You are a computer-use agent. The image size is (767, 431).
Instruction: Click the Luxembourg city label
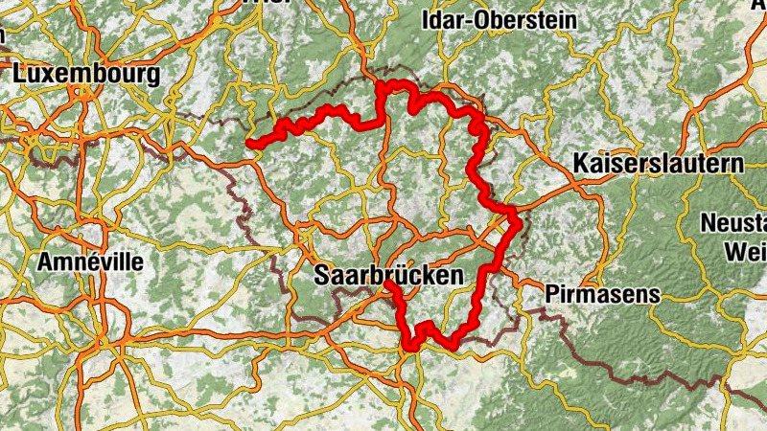pos(86,74)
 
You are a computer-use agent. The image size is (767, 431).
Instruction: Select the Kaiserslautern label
pos(659,164)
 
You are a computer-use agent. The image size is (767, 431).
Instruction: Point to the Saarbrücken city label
pos(388,276)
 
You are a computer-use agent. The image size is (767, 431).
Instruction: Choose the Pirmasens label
pos(602,294)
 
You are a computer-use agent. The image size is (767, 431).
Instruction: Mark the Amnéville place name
pos(91,261)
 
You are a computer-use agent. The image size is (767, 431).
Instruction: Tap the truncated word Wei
pos(748,251)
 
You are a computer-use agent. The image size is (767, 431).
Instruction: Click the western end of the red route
pos(248,144)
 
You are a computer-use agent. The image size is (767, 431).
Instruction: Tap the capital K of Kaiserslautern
pos(582,164)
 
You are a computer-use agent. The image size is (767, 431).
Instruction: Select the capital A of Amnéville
pos(45,261)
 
